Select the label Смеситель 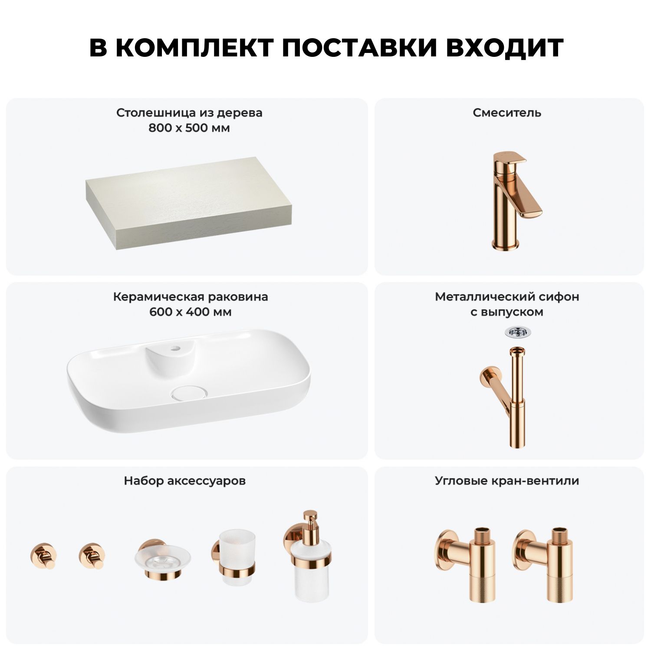coord(507,113)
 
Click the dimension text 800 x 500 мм coord(189,128)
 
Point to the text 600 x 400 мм coord(191,312)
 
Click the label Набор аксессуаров coord(185,481)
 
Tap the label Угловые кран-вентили coord(507,481)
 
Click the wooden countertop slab coord(187,203)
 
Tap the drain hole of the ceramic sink coord(190,393)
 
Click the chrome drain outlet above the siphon coord(518,332)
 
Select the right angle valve coord(543,564)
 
